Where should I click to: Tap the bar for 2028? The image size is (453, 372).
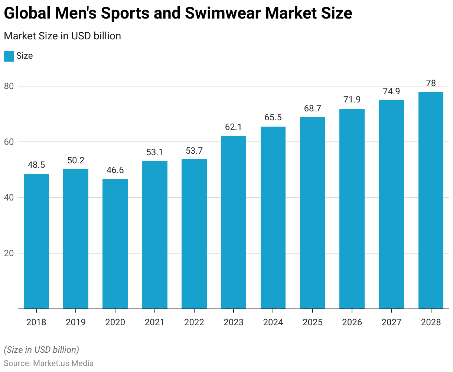tap(431, 200)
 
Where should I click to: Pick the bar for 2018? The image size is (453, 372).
tap(36, 241)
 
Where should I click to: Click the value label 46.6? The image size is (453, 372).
tap(115, 170)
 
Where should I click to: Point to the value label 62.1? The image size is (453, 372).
tap(234, 127)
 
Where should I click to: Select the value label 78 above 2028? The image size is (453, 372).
tap(431, 83)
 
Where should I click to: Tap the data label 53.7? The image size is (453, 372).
tap(194, 150)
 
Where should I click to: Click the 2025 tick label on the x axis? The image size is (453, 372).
tap(313, 322)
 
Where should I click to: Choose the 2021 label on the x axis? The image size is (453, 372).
tap(154, 322)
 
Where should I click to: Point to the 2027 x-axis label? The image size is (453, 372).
tap(391, 322)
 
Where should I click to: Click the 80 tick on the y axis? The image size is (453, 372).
tap(9, 86)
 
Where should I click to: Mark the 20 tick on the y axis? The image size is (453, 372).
tap(9, 253)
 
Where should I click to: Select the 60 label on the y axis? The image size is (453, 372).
tap(9, 142)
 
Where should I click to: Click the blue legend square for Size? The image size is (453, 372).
tap(9, 56)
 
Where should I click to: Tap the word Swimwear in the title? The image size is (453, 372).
tap(221, 13)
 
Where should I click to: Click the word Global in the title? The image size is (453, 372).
tap(27, 13)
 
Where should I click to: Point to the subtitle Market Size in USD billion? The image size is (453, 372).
tap(62, 36)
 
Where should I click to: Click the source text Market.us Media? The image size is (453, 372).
tap(63, 363)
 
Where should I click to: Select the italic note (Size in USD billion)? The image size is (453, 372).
tap(42, 350)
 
